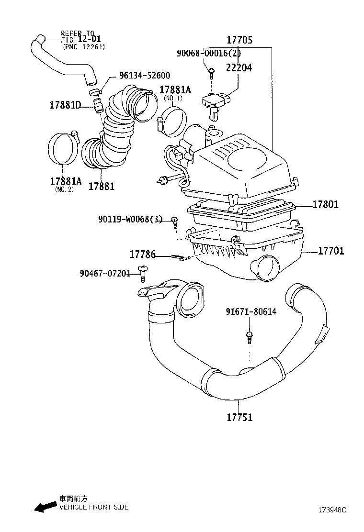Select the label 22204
coord(239,68)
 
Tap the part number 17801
coord(325,204)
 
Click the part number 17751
coord(239,417)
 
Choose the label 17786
coord(143,255)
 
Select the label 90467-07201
coord(105,273)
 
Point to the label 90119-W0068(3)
coord(131,219)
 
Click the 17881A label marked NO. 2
coord(66,181)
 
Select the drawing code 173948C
coord(330,510)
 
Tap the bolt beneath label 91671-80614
coord(249,336)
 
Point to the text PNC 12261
coord(83,47)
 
